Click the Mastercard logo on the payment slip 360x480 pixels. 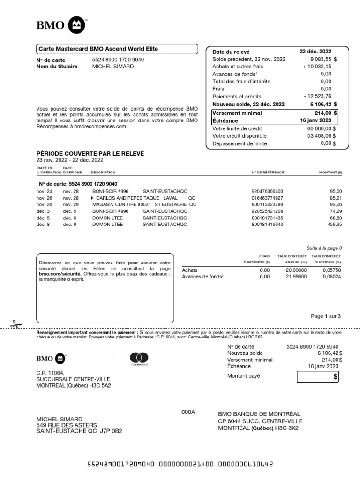(139, 359)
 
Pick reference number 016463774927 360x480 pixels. (267, 198)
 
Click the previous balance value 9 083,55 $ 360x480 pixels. (323, 60)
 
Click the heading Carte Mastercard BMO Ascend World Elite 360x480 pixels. (98, 49)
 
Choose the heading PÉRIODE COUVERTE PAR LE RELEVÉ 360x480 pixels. (90, 153)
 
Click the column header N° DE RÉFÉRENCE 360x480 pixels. (267, 172)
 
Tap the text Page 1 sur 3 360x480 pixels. (326, 316)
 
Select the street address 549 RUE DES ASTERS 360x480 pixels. (63, 425)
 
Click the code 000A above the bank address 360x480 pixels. (188, 412)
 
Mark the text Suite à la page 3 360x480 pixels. (324, 248)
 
